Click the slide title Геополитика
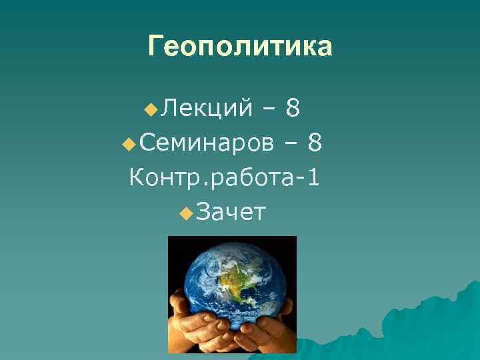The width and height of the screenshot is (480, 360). pyautogui.click(x=240, y=47)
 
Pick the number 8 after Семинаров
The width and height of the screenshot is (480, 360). pyautogui.click(x=316, y=141)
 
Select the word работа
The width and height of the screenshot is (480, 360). pyautogui.click(x=252, y=179)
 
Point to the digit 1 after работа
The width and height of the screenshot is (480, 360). pyautogui.click(x=313, y=177)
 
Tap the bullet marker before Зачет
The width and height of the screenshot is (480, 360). pyautogui.click(x=186, y=213)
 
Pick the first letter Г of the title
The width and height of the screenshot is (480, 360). pyautogui.click(x=155, y=47)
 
